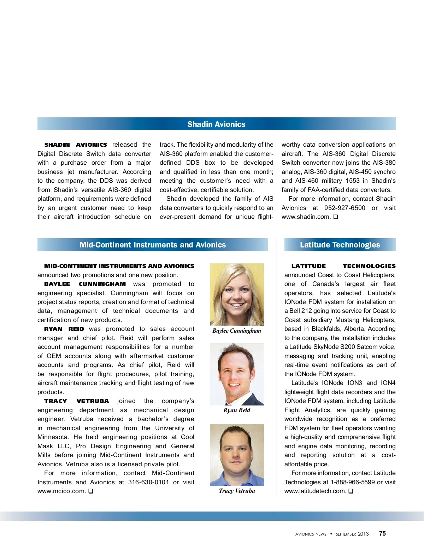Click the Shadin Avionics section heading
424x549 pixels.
click(216, 124)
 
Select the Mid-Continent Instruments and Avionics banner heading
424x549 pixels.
click(152, 245)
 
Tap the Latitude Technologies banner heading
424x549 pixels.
click(340, 245)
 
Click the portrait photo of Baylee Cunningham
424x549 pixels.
click(237, 294)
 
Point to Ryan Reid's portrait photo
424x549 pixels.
click(237, 374)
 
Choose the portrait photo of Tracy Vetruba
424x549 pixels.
click(237, 455)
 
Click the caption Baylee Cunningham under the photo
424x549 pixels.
click(237, 331)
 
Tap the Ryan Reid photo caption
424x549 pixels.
click(237, 410)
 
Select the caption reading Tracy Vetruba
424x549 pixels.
click(237, 491)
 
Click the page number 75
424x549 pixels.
click(382, 533)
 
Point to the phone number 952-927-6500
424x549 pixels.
click(344, 208)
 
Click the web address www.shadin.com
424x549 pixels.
click(306, 217)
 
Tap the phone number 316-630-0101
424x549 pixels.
click(148, 482)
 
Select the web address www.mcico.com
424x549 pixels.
click(61, 491)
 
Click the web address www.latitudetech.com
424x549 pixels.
click(315, 491)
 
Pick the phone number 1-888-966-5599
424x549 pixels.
click(353, 482)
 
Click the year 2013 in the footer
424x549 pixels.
click(363, 534)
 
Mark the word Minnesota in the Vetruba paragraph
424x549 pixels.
click(53, 437)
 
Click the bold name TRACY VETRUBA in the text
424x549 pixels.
click(76, 401)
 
